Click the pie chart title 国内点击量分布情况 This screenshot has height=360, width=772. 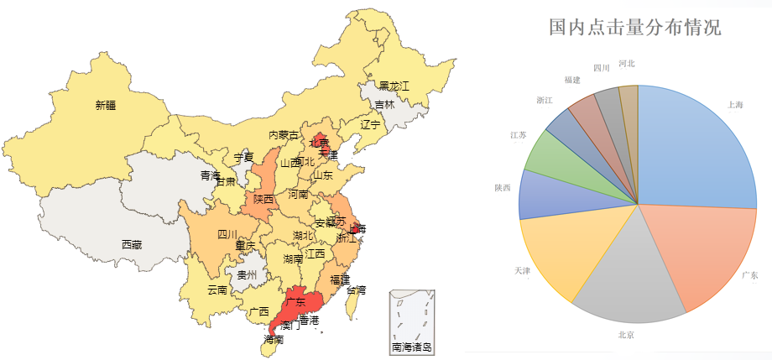634,27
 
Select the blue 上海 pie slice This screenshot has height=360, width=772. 696,151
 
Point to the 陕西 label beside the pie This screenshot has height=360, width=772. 503,187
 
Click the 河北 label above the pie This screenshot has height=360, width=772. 626,64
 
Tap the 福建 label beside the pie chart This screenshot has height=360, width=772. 572,80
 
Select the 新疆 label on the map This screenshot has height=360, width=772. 106,106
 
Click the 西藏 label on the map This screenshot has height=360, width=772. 132,245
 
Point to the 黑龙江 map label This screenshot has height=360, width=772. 394,86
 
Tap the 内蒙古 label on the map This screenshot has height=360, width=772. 283,135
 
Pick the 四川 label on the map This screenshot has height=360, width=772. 227,234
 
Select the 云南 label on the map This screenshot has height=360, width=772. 217,290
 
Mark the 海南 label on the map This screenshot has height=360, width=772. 274,341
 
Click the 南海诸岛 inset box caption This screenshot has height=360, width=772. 412,346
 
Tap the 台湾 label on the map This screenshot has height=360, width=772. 356,290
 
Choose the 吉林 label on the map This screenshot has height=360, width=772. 384,105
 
